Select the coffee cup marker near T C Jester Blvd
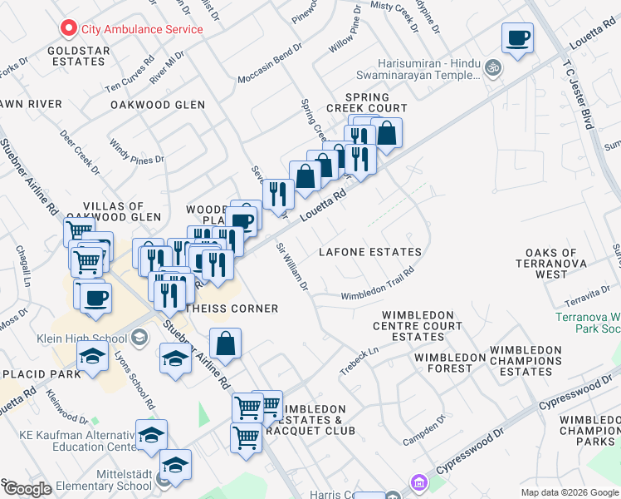(517, 37)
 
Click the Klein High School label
(81, 338)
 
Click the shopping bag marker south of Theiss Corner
(225, 342)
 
